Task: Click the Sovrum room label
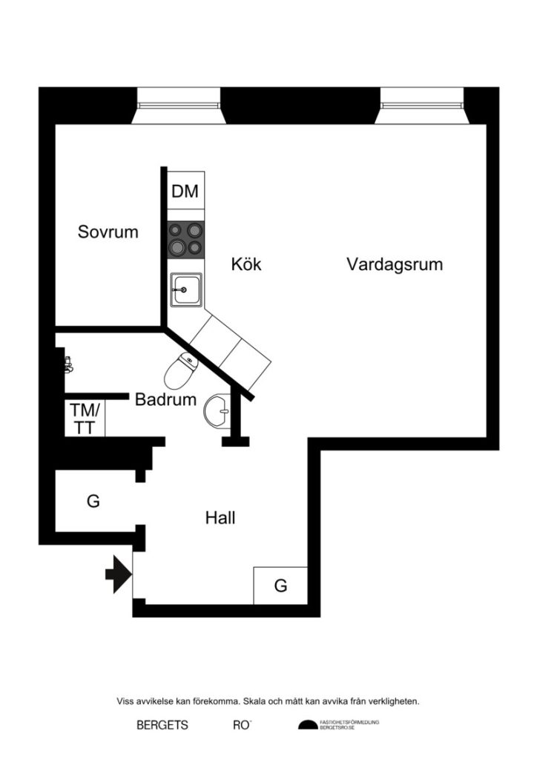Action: click(x=108, y=232)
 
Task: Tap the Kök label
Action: click(x=246, y=264)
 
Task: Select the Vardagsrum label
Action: click(x=395, y=264)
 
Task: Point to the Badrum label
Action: click(x=165, y=400)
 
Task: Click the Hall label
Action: click(x=220, y=518)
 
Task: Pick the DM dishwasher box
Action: click(x=185, y=191)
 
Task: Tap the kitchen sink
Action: click(x=185, y=289)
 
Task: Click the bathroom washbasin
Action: click(x=217, y=410)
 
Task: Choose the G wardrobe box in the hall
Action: click(x=280, y=586)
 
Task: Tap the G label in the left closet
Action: click(x=93, y=501)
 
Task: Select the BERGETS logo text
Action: click(x=162, y=725)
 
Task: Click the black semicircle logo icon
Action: click(x=307, y=725)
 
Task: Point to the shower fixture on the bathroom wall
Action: click(x=69, y=363)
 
